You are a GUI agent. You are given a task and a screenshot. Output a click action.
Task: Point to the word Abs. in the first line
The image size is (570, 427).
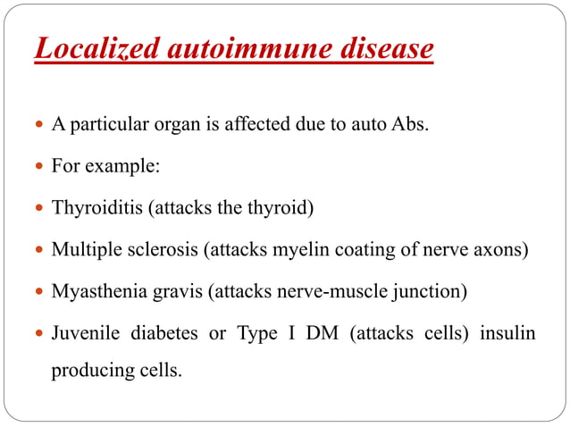click(411, 125)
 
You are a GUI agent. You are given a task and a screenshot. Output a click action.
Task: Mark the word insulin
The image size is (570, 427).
click(507, 334)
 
